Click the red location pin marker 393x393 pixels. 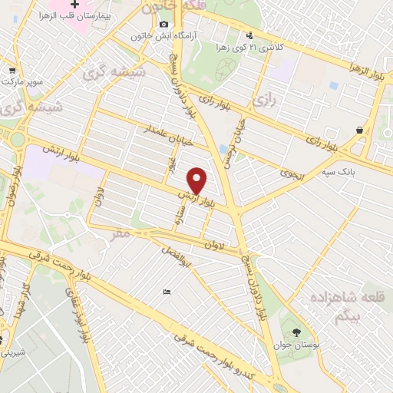pyautogui.click(x=198, y=180)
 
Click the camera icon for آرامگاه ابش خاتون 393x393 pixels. pyautogui.click(x=163, y=25)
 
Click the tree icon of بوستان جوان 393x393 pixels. pyautogui.click(x=296, y=332)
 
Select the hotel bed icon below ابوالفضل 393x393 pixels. pyautogui.click(x=167, y=292)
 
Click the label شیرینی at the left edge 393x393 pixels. pyautogui.click(x=12, y=352)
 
